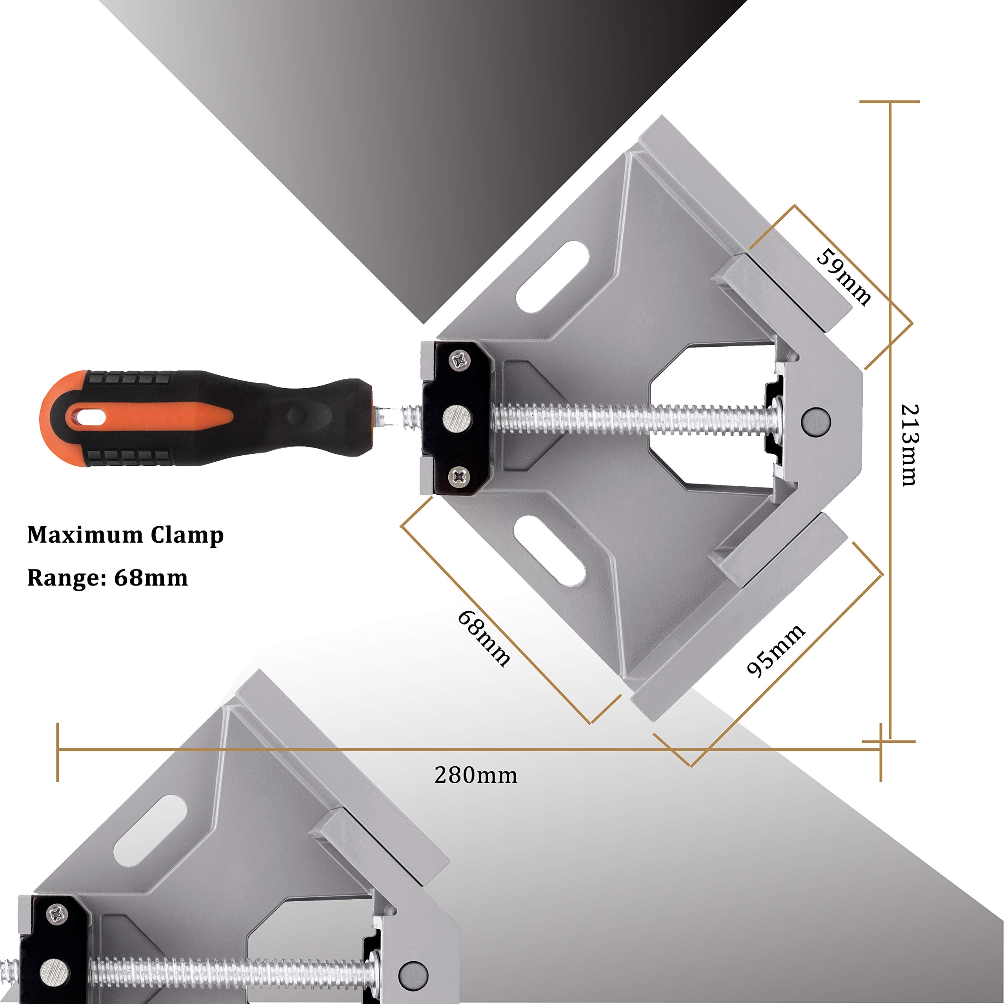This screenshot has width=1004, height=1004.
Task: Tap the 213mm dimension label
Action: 909,444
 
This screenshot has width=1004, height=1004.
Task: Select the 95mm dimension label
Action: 775,651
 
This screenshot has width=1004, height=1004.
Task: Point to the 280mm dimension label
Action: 475,776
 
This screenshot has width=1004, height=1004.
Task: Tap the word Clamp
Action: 187,536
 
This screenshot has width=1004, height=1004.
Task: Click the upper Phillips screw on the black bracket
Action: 459,360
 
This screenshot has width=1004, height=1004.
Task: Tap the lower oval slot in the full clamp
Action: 549,551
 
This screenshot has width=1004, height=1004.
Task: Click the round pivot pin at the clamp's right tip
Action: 816,420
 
